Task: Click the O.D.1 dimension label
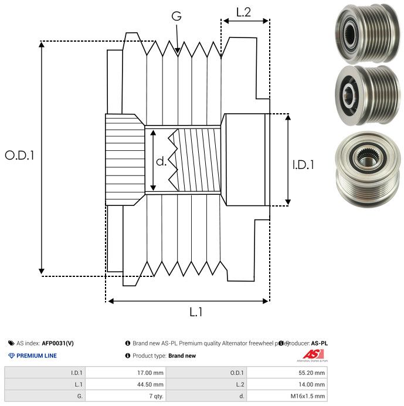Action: coord(19,155)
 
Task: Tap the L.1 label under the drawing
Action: coord(195,312)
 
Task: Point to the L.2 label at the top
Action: coord(243,12)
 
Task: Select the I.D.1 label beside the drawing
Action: coord(303,165)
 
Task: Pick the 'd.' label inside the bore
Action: coord(161,161)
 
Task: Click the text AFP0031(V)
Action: coord(58,343)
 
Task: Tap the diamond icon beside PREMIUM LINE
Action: coord(11,356)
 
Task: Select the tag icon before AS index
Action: coord(11,343)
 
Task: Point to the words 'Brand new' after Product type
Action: coord(182,356)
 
